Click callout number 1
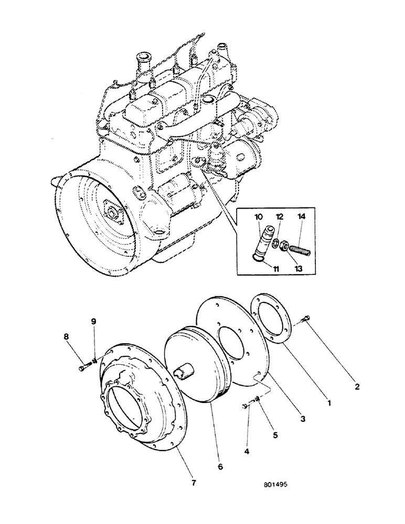[328, 404]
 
